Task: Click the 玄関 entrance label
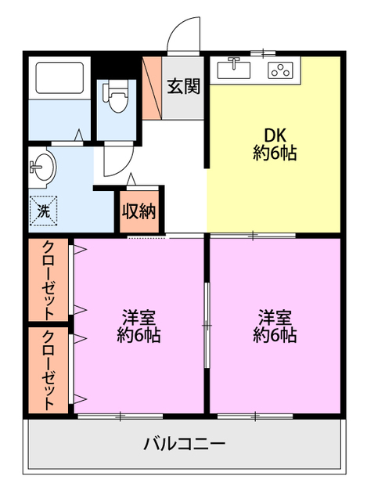[x=184, y=86]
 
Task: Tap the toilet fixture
[x=115, y=96]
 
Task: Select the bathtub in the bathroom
[x=59, y=77]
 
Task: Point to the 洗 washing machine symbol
[x=44, y=211]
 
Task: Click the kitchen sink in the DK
[x=234, y=69]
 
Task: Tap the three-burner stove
[x=280, y=70]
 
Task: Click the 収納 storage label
[x=139, y=211]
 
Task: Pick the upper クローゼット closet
[x=49, y=279]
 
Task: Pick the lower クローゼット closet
[x=49, y=370]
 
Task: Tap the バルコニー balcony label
[x=185, y=444]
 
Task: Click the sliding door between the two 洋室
[x=207, y=326]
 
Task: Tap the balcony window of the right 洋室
[x=255, y=416]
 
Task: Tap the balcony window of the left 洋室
[x=121, y=416]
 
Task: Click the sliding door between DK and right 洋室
[x=253, y=236]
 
